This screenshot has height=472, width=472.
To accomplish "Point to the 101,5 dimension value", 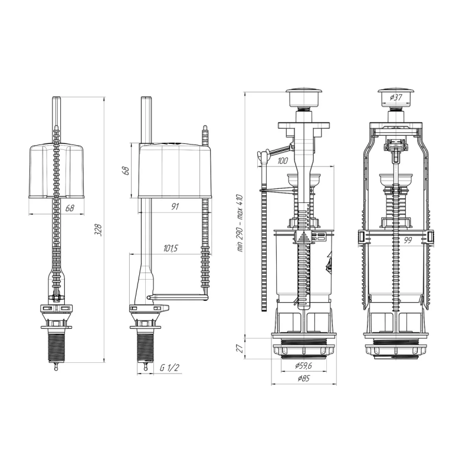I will point(171,248).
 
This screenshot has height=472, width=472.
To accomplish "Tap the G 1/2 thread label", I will point(168,366).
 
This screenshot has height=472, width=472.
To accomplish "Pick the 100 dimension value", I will point(282,161).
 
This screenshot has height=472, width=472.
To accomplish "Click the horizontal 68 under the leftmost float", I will point(69,208).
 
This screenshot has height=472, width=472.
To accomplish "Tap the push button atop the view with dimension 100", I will point(303,95).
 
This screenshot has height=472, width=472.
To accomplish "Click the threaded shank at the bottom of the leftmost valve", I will point(57,345).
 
